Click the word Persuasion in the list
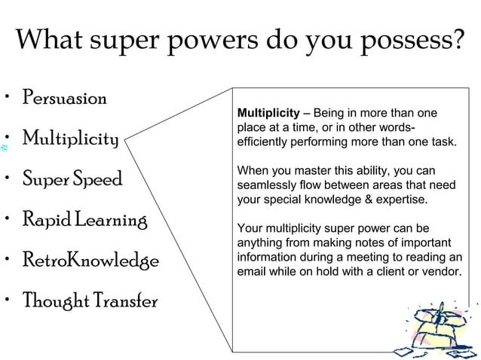[64, 98]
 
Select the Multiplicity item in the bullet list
[70, 139]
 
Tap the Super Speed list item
[72, 181]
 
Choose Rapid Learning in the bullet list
[84, 221]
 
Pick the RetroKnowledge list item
[90, 261]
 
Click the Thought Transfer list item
[89, 301]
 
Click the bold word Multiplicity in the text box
[268, 113]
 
